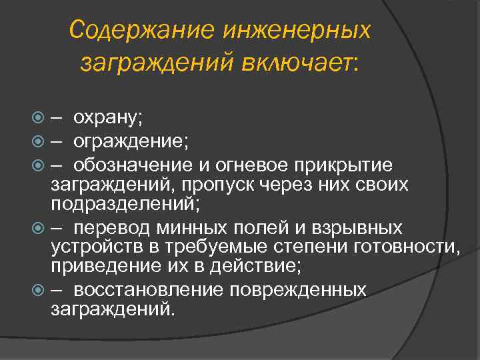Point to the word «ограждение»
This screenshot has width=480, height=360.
pyautogui.click(x=131, y=141)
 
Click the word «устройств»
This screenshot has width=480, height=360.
pyautogui.click(x=91, y=249)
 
